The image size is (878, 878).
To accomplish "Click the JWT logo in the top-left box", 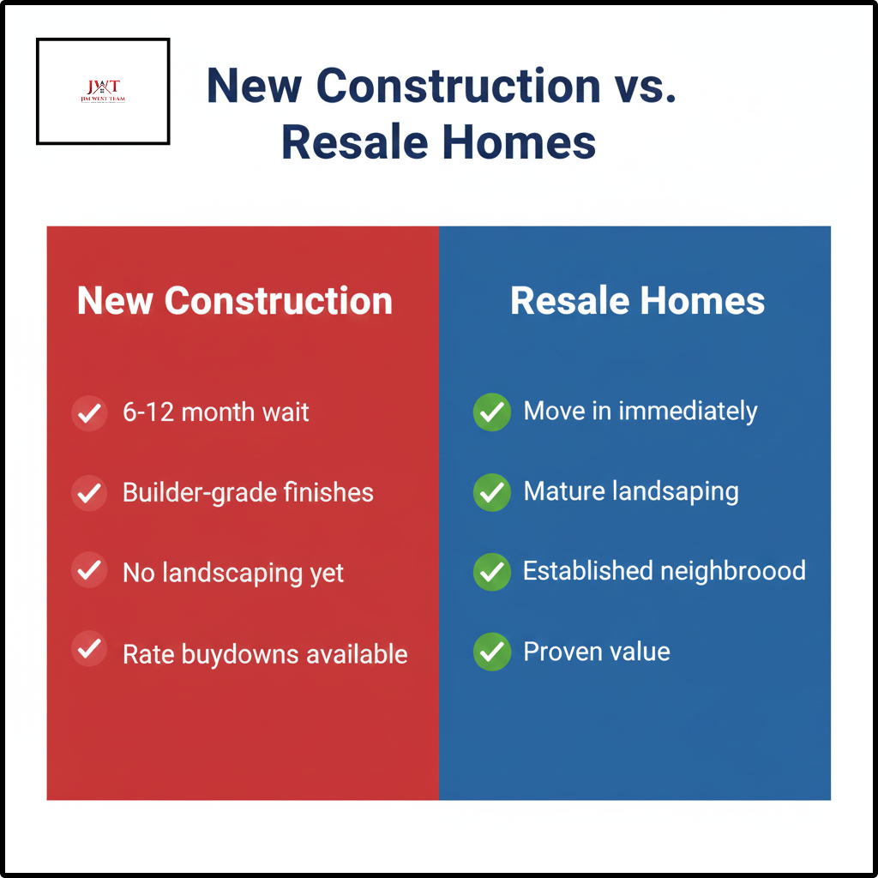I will click(103, 90).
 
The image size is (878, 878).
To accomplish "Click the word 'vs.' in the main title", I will click(644, 86).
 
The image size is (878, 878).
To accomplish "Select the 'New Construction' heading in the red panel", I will click(235, 301).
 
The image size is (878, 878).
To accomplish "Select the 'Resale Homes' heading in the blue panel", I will click(637, 301).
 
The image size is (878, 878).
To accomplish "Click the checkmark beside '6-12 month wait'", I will click(89, 412).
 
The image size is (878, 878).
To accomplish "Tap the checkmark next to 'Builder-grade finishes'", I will click(89, 493).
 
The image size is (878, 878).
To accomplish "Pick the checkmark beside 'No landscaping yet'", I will click(89, 571).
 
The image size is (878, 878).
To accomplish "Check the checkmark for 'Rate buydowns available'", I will click(89, 649).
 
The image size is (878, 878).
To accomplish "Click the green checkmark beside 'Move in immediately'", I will click(491, 412).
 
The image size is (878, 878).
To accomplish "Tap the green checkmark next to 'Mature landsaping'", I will click(491, 492).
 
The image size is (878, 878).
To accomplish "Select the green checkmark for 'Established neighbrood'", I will click(491, 572).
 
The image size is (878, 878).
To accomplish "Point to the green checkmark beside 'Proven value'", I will click(491, 652).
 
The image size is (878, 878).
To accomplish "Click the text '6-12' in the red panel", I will click(148, 412).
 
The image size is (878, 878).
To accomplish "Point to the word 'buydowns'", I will click(229, 654).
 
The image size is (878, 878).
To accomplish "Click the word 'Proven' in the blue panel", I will click(559, 652).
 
